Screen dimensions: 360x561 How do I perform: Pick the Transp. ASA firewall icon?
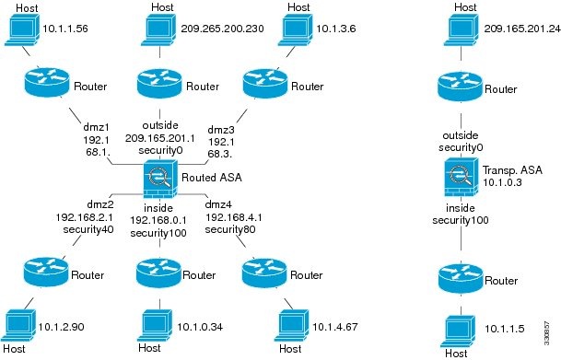[x=460, y=174]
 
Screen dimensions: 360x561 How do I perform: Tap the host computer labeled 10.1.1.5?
[x=460, y=328]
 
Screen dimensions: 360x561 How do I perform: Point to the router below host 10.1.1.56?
[x=41, y=86]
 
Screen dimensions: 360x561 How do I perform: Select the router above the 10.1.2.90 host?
[x=41, y=271]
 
